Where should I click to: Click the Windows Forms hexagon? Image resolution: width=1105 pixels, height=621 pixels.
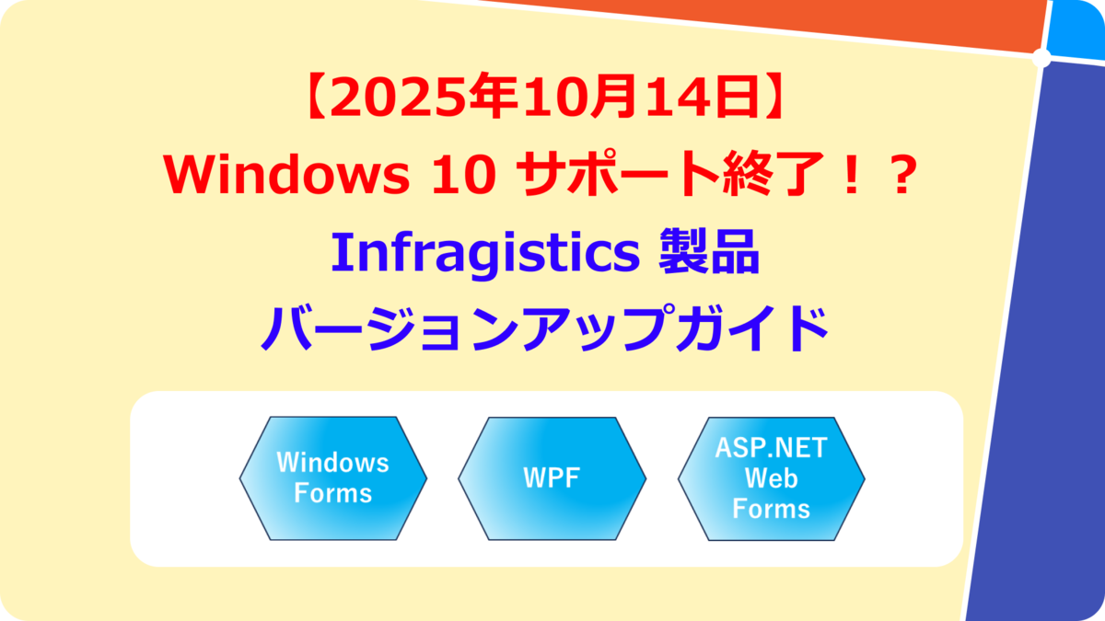(332, 477)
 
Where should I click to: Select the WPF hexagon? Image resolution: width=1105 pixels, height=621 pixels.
(552, 477)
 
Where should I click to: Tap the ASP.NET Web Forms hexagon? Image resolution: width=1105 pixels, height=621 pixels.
(771, 477)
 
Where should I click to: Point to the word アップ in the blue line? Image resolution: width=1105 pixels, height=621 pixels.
(599, 331)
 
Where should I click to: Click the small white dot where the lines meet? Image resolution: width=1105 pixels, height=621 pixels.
(1041, 59)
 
